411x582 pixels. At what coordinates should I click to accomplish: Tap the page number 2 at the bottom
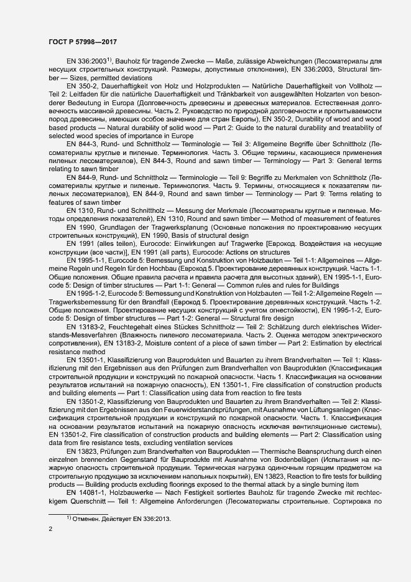pyautogui.click(x=50, y=529)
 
